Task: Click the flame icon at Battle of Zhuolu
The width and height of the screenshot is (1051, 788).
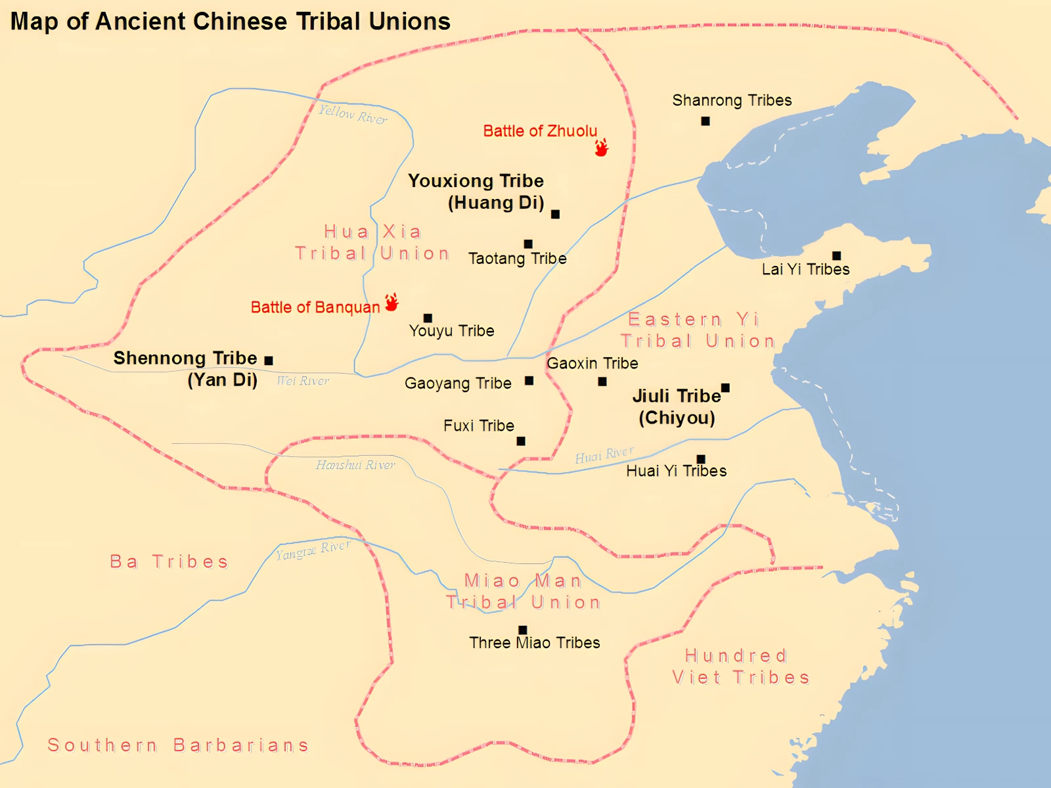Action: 601,147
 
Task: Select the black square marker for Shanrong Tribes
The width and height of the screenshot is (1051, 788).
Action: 705,121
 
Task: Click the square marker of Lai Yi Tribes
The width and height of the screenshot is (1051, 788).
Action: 836,255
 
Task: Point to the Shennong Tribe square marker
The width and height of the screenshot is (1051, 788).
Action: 269,361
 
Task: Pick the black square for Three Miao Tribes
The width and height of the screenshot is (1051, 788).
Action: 523,630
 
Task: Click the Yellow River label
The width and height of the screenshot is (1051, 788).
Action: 353,114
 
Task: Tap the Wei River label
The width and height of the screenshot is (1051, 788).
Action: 303,381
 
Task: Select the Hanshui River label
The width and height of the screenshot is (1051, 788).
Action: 355,465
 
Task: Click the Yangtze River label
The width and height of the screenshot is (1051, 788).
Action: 313,550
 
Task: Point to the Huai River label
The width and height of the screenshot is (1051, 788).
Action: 604,454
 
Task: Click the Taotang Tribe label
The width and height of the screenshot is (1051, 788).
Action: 517,259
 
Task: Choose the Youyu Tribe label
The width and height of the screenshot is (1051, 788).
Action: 451,331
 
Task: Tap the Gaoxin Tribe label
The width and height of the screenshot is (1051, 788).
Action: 592,363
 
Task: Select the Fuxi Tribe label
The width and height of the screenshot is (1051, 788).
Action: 478,426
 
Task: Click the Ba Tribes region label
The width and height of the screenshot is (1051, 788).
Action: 169,561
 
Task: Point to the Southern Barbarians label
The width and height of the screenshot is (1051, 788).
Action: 177,745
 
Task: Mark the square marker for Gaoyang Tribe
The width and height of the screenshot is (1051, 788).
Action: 529,381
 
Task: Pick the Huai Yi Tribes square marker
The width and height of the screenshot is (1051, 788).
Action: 701,459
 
